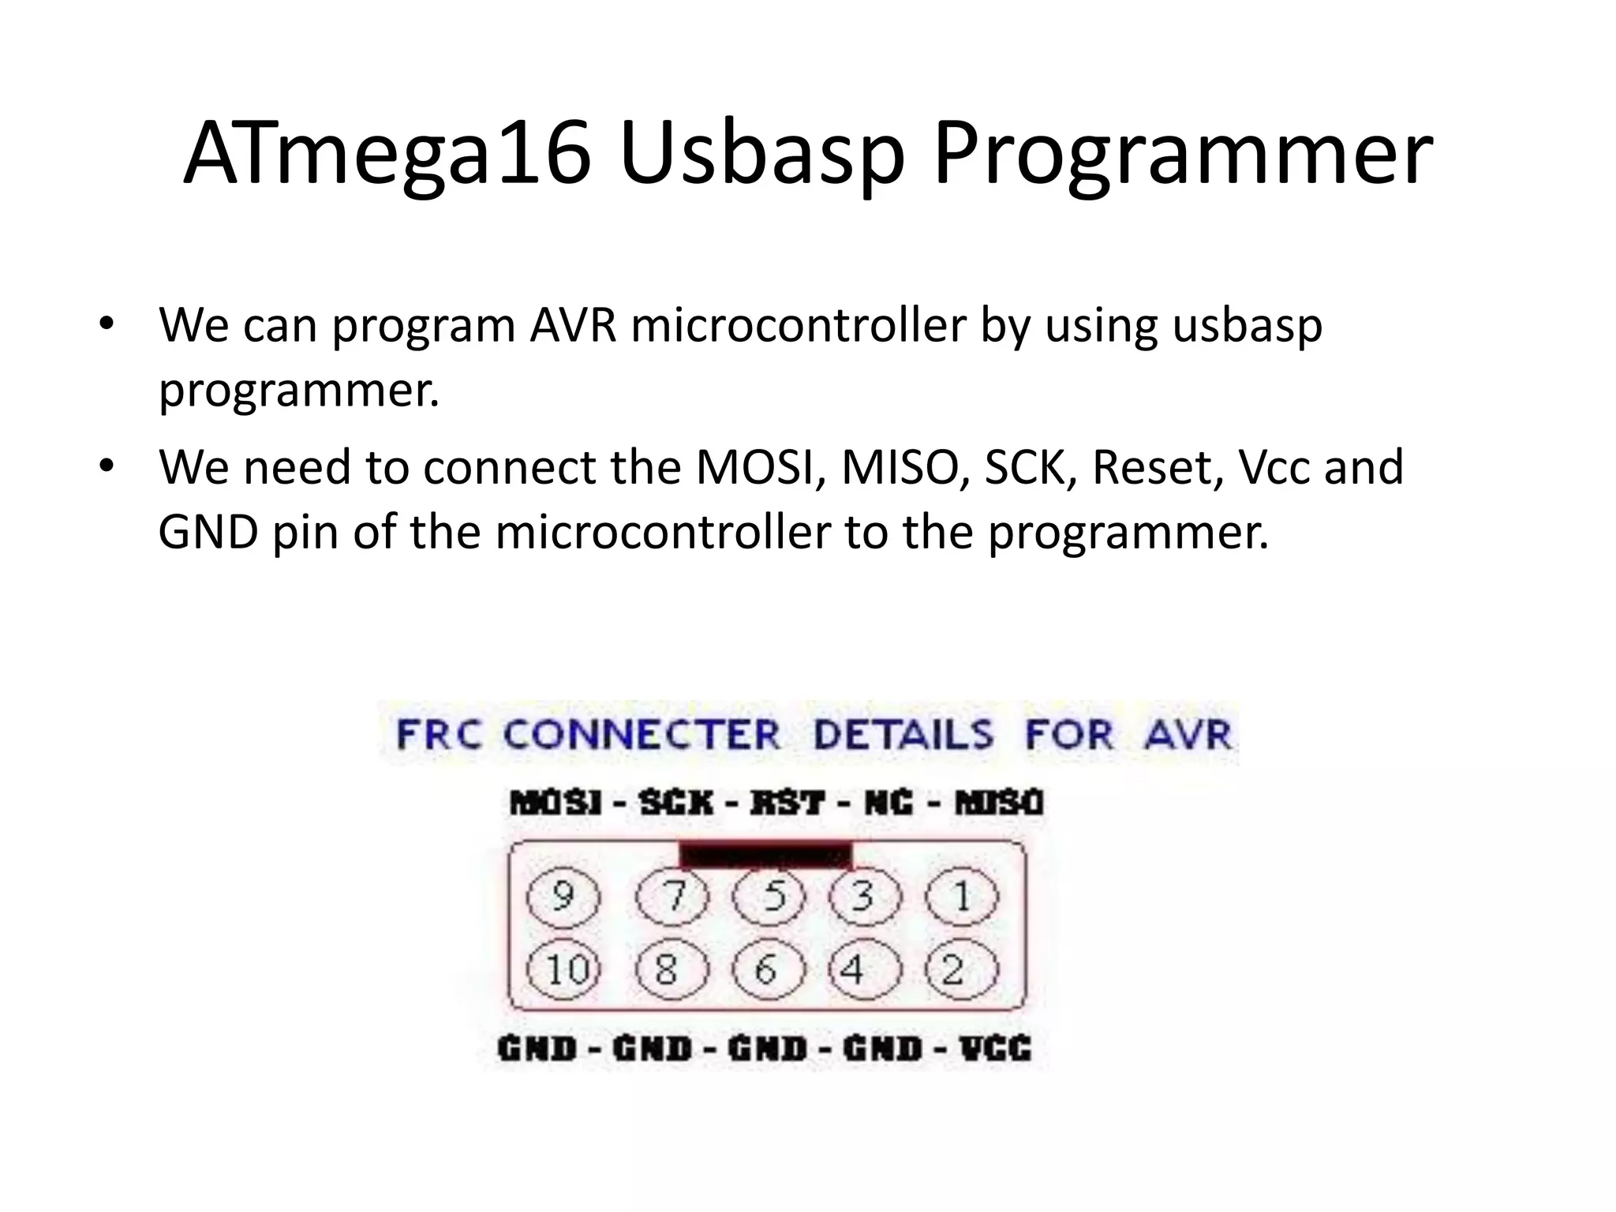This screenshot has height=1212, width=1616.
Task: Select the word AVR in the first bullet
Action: tap(573, 324)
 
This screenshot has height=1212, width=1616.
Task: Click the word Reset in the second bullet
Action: tap(1157, 467)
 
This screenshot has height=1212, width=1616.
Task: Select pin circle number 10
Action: tap(563, 969)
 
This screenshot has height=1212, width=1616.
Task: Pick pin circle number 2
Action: tap(961, 969)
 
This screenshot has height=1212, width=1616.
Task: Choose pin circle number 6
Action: tap(769, 969)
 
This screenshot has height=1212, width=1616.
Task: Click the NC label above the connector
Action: tap(888, 803)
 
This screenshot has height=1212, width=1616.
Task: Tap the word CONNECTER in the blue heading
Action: tap(641, 735)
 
